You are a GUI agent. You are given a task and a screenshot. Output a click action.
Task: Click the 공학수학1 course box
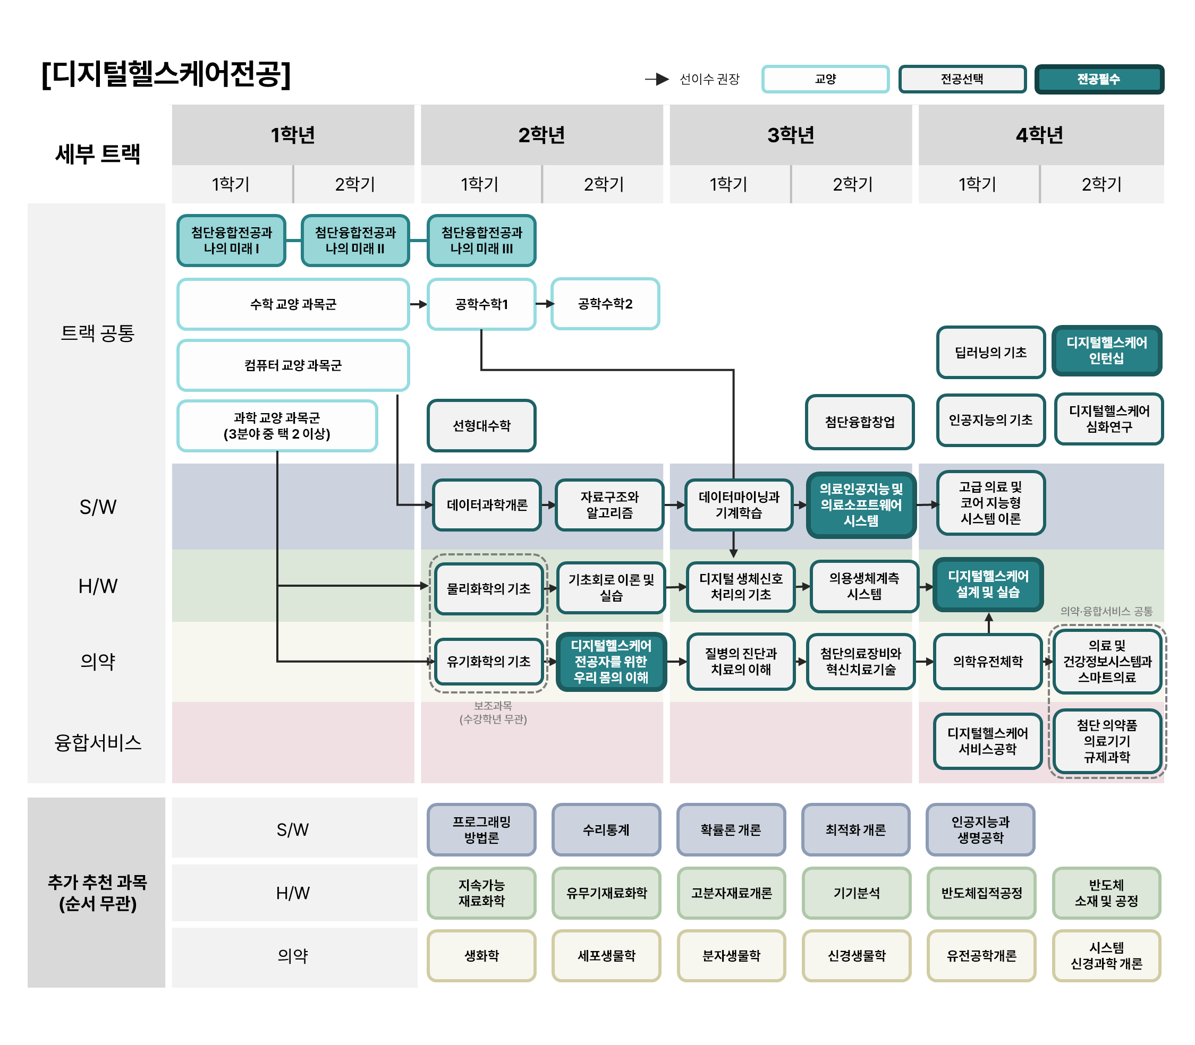click(481, 304)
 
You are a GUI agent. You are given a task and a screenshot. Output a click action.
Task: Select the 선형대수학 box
click(481, 425)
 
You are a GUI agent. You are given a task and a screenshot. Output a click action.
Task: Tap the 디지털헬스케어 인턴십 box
click(1106, 350)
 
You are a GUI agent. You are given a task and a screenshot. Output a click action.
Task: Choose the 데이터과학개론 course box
click(487, 504)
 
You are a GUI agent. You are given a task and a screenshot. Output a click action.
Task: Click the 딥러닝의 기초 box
click(990, 352)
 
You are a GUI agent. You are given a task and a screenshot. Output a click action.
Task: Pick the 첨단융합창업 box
click(860, 422)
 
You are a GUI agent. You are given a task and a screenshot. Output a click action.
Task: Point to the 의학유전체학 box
click(987, 661)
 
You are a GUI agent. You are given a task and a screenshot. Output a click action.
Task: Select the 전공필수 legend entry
click(1099, 79)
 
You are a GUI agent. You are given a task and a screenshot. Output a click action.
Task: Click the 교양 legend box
click(825, 79)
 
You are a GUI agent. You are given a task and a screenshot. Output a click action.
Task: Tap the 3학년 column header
click(790, 135)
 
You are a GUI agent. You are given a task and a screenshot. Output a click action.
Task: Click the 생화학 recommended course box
click(481, 955)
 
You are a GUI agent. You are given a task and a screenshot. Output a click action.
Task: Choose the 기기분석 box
click(856, 893)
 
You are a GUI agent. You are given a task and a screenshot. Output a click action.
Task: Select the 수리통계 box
click(606, 829)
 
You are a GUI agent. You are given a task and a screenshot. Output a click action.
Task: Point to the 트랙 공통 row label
click(97, 332)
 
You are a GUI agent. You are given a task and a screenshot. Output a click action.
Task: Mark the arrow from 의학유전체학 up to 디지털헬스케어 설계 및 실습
click(988, 623)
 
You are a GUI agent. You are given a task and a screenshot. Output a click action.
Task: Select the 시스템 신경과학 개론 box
click(1106, 955)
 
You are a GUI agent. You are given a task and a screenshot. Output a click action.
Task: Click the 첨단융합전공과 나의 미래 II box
click(355, 240)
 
